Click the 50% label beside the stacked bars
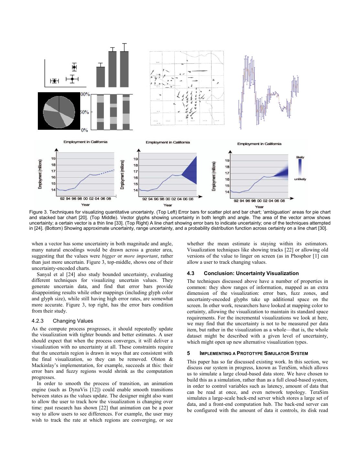coord(85,112)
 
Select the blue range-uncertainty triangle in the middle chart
coord(191,171)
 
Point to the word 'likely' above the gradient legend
coord(300,157)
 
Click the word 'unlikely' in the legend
coord(300,179)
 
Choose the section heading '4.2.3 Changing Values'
coord(62,321)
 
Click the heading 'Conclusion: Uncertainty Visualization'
coord(251,273)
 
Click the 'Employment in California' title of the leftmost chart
coord(85,142)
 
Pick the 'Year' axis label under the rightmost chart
coord(259,206)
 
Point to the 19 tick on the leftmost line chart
coord(53,159)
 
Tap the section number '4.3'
coord(191,273)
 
